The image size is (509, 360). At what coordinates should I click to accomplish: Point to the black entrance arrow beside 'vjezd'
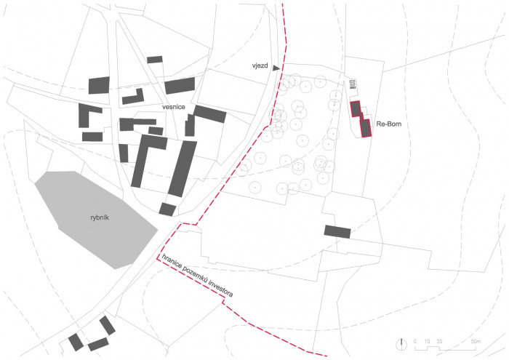pyautogui.click(x=276, y=67)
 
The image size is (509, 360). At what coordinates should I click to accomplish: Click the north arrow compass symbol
pyautogui.click(x=401, y=342)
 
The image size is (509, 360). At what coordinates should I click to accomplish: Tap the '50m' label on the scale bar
pyautogui.click(x=475, y=341)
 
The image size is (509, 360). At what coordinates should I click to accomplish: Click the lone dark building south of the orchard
pyautogui.click(x=337, y=232)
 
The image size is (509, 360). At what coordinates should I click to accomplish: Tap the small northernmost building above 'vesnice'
pyautogui.click(x=155, y=60)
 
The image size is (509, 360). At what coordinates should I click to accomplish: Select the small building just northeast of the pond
pyautogui.click(x=167, y=209)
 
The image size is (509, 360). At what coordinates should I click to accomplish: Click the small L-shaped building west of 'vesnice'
pyautogui.click(x=132, y=97)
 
